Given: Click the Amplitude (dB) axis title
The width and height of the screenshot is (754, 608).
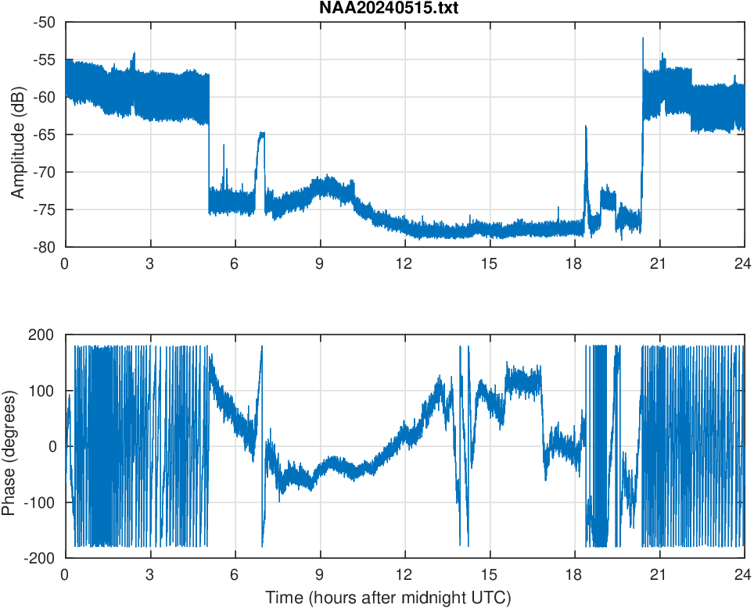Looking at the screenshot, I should pyautogui.click(x=18, y=134).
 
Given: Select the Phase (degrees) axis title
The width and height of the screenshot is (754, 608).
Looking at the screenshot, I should pyautogui.click(x=9, y=446).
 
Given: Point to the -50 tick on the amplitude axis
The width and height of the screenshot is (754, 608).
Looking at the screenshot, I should pyautogui.click(x=44, y=22).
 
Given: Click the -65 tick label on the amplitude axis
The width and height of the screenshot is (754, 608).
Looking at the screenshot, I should pyautogui.click(x=44, y=134).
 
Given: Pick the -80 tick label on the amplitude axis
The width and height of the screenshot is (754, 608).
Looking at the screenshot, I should pyautogui.click(x=44, y=247).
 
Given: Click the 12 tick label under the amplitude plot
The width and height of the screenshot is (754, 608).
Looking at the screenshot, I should pyautogui.click(x=404, y=263).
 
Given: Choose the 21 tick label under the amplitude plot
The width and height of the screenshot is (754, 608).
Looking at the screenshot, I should pyautogui.click(x=659, y=263).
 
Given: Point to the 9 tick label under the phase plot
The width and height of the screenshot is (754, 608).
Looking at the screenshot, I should pyautogui.click(x=320, y=574).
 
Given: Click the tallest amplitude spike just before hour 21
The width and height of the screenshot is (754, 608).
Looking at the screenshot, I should pyautogui.click(x=643, y=39).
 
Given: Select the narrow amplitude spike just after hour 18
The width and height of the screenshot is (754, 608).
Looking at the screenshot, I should pyautogui.click(x=586, y=128).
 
